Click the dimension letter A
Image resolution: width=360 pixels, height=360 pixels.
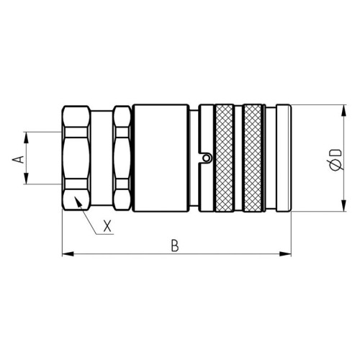click(x=19, y=159)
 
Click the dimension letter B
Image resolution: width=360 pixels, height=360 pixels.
click(x=175, y=245)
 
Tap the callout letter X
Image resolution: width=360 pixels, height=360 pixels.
click(x=107, y=225)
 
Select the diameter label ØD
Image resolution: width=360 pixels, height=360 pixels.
click(x=335, y=160)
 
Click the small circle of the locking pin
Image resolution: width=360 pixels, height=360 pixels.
click(x=206, y=158)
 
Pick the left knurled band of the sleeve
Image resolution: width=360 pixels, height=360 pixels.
click(x=225, y=158)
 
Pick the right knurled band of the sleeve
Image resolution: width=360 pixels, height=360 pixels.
click(x=253, y=158)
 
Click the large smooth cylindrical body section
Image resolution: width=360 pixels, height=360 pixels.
click(x=161, y=158)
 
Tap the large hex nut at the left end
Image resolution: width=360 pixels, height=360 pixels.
click(x=76, y=158)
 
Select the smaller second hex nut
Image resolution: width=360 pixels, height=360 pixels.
click(x=122, y=158)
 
